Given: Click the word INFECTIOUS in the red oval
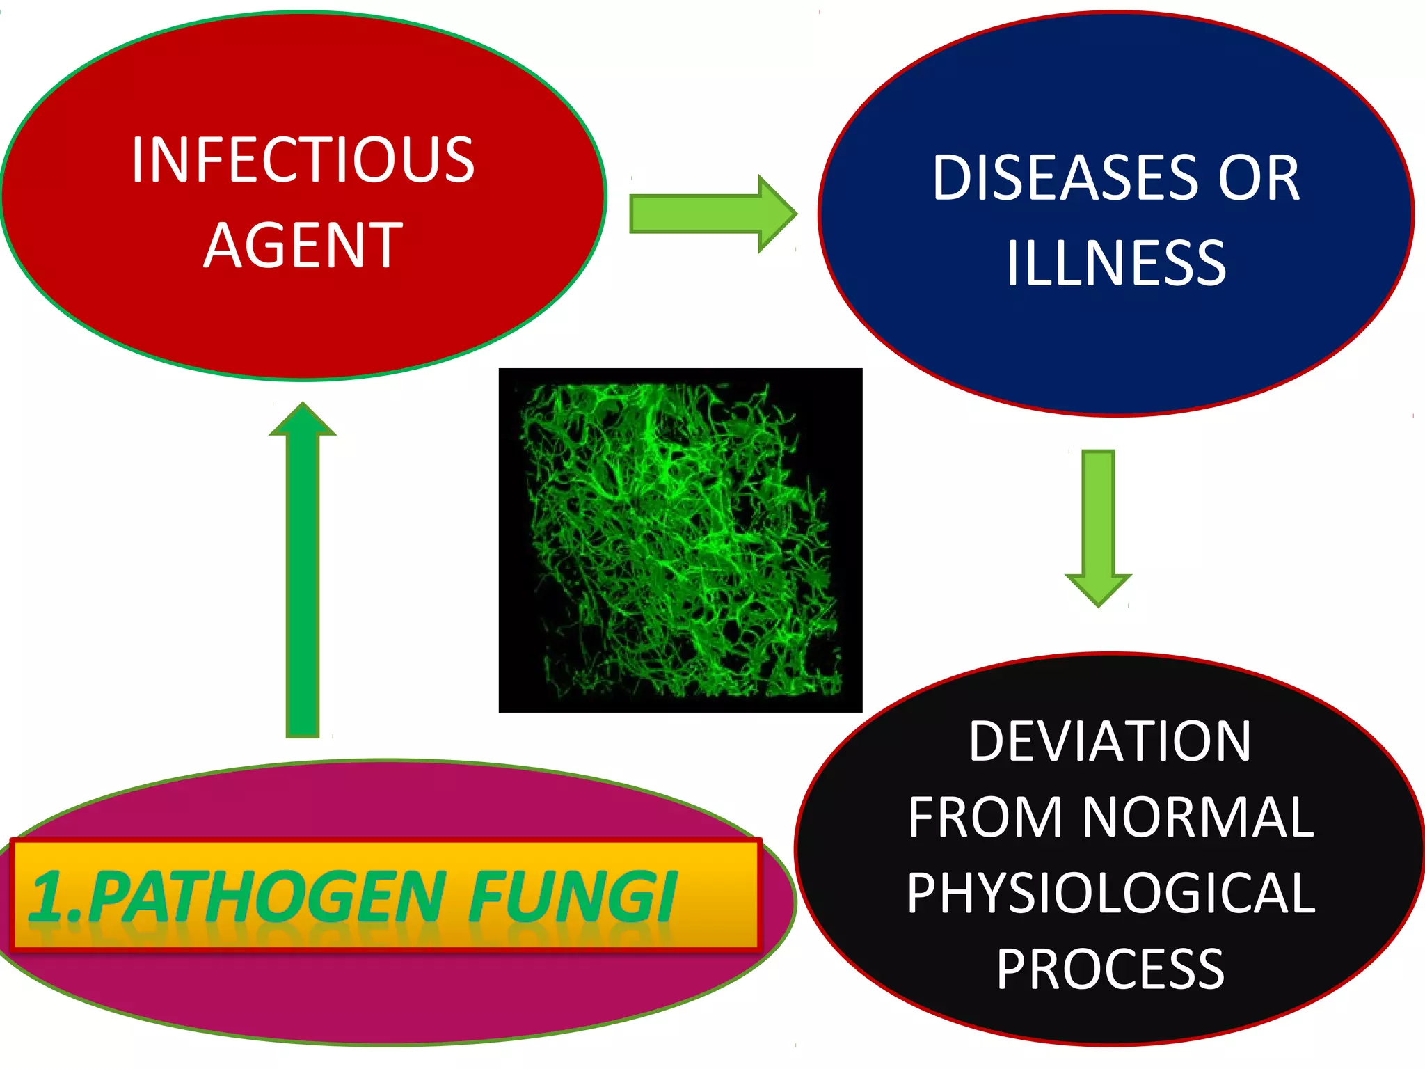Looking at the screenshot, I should coord(303,160).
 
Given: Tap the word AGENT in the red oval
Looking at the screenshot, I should coord(303,245).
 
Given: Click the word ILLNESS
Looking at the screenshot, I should coord(1116,263).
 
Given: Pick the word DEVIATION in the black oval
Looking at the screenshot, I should coord(1110,741).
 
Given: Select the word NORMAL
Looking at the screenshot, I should coord(1197,817).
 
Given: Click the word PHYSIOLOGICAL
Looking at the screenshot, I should coord(1110,893).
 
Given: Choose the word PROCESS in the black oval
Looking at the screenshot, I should coord(1110,969).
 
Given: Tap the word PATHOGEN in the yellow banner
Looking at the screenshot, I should coord(268,896).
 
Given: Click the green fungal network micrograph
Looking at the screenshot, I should coord(680,540).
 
